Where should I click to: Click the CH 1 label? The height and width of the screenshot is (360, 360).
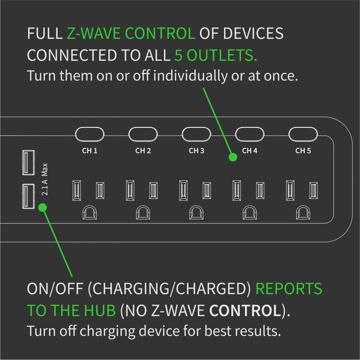click(x=89, y=150)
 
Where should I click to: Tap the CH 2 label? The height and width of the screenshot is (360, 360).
click(x=142, y=150)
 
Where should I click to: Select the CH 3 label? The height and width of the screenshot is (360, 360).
click(x=196, y=150)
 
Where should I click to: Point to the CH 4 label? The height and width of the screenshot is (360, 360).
click(x=250, y=150)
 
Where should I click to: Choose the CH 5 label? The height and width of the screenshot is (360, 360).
click(x=303, y=150)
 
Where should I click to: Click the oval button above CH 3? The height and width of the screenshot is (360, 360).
click(x=196, y=134)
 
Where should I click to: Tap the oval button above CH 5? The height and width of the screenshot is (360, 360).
click(x=303, y=134)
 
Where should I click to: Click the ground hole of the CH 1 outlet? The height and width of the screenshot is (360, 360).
click(x=89, y=212)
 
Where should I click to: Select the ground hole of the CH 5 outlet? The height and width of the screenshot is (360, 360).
click(x=303, y=212)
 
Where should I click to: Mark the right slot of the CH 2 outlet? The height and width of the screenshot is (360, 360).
click(x=153, y=190)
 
